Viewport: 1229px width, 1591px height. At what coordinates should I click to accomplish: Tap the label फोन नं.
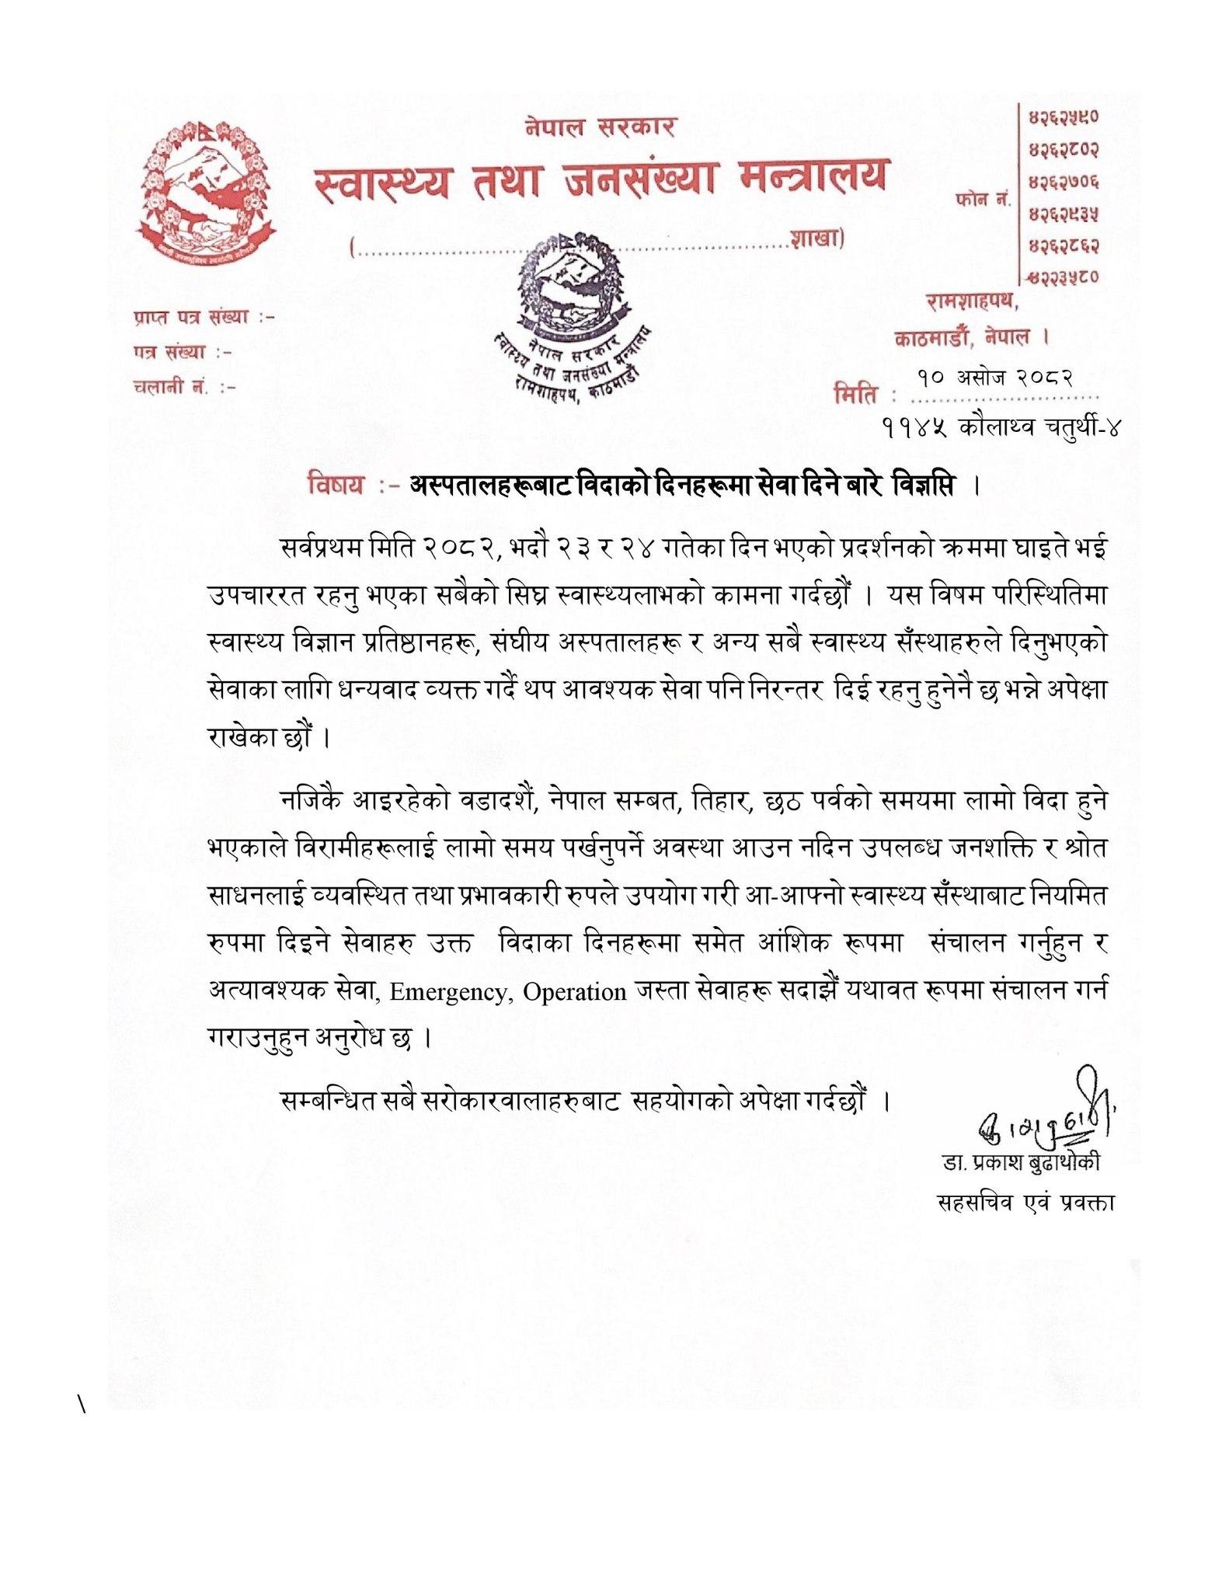point(983,200)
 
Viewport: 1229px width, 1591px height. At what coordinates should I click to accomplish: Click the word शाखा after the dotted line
point(816,238)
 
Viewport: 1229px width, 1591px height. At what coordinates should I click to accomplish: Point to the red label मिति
point(856,395)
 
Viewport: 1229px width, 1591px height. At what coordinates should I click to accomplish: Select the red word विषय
point(336,486)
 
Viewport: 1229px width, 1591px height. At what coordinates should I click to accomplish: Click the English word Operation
point(574,992)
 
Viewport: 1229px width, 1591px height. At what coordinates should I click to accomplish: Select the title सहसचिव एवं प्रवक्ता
point(1026,1203)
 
